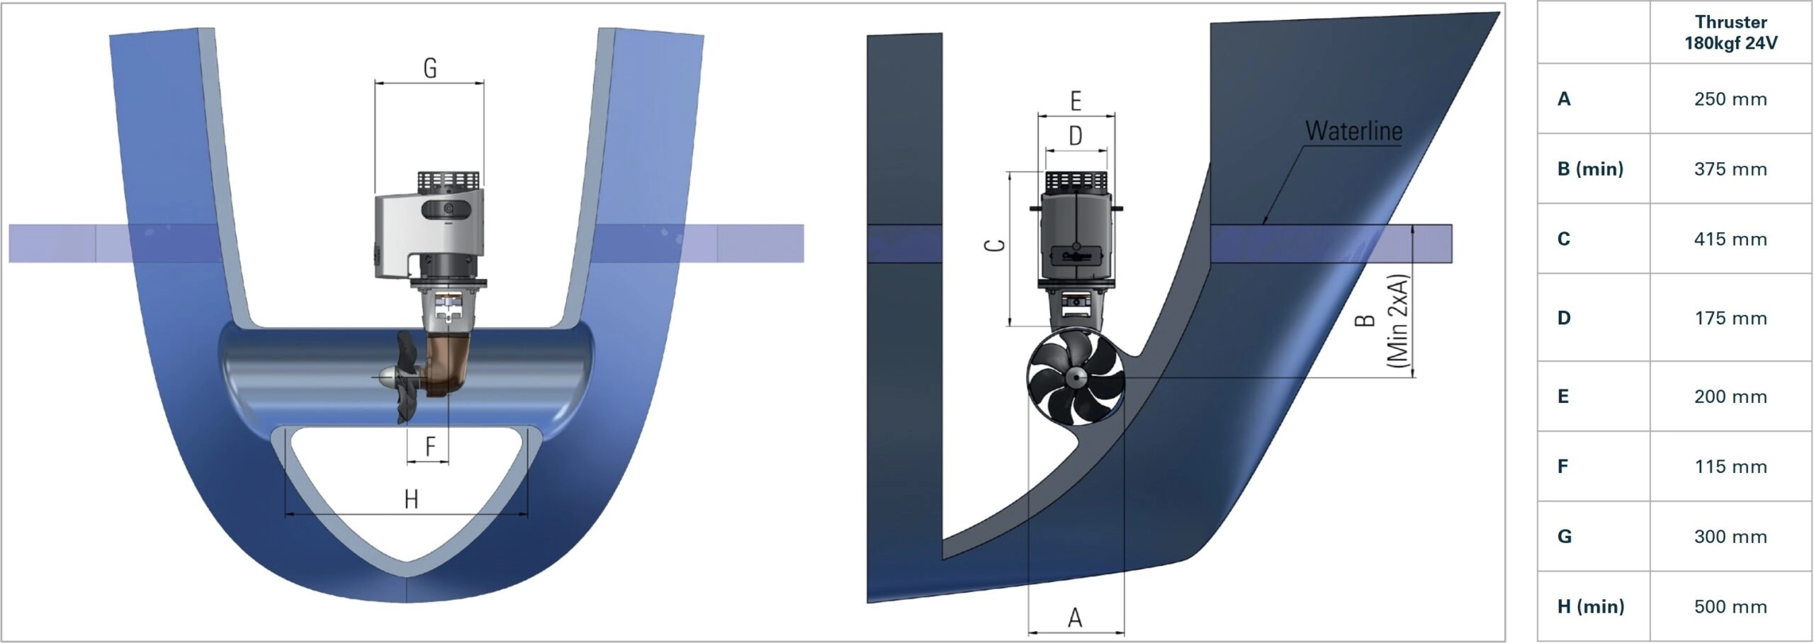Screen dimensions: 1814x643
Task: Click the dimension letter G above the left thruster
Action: (430, 68)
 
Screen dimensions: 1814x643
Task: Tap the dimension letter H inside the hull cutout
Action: (411, 499)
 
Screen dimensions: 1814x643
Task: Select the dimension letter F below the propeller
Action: (430, 447)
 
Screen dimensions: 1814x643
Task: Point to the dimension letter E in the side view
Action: (1076, 101)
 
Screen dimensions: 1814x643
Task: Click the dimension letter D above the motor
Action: (1076, 135)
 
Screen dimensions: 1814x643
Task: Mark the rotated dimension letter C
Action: (996, 245)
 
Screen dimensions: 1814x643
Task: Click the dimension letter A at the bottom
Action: (1075, 618)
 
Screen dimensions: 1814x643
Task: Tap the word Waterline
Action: (1353, 131)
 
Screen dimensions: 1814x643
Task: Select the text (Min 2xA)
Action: (1398, 321)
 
